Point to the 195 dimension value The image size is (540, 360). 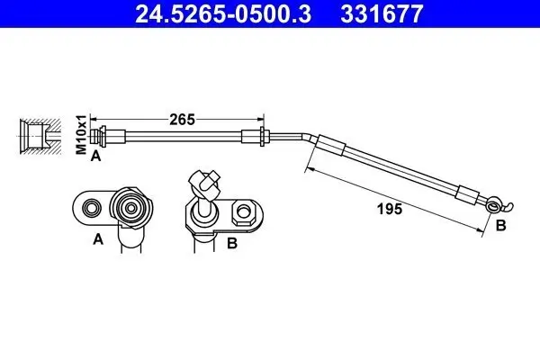click(x=388, y=209)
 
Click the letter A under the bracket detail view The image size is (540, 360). click(x=98, y=240)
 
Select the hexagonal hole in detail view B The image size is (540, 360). click(x=242, y=214)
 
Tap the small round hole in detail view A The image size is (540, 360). click(x=90, y=209)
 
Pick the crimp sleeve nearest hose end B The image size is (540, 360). click(x=469, y=193)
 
